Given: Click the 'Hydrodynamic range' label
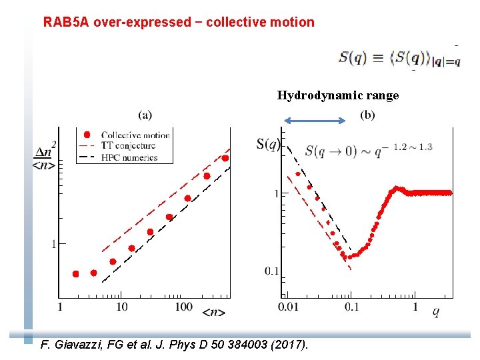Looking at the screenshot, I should pos(337,95).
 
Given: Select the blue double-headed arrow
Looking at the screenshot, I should pos(315,121).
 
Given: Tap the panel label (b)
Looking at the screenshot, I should pos(367,115).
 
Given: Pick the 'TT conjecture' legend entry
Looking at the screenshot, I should pos(127,145).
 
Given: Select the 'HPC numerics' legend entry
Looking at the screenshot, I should pos(129,157).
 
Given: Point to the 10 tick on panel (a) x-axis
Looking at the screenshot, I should pos(121,307).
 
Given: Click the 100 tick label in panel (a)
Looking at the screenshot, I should pos(183,307).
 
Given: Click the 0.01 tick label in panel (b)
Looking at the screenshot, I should pos(288,307).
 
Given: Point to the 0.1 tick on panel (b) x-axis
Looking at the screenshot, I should pos(351,307).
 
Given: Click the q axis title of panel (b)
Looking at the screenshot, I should pos(435,311).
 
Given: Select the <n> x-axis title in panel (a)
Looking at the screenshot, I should pos(213,311).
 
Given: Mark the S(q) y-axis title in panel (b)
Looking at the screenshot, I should pos(268,143).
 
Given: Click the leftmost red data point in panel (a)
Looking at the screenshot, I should pos(76,274).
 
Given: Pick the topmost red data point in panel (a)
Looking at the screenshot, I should pos(225,158).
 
